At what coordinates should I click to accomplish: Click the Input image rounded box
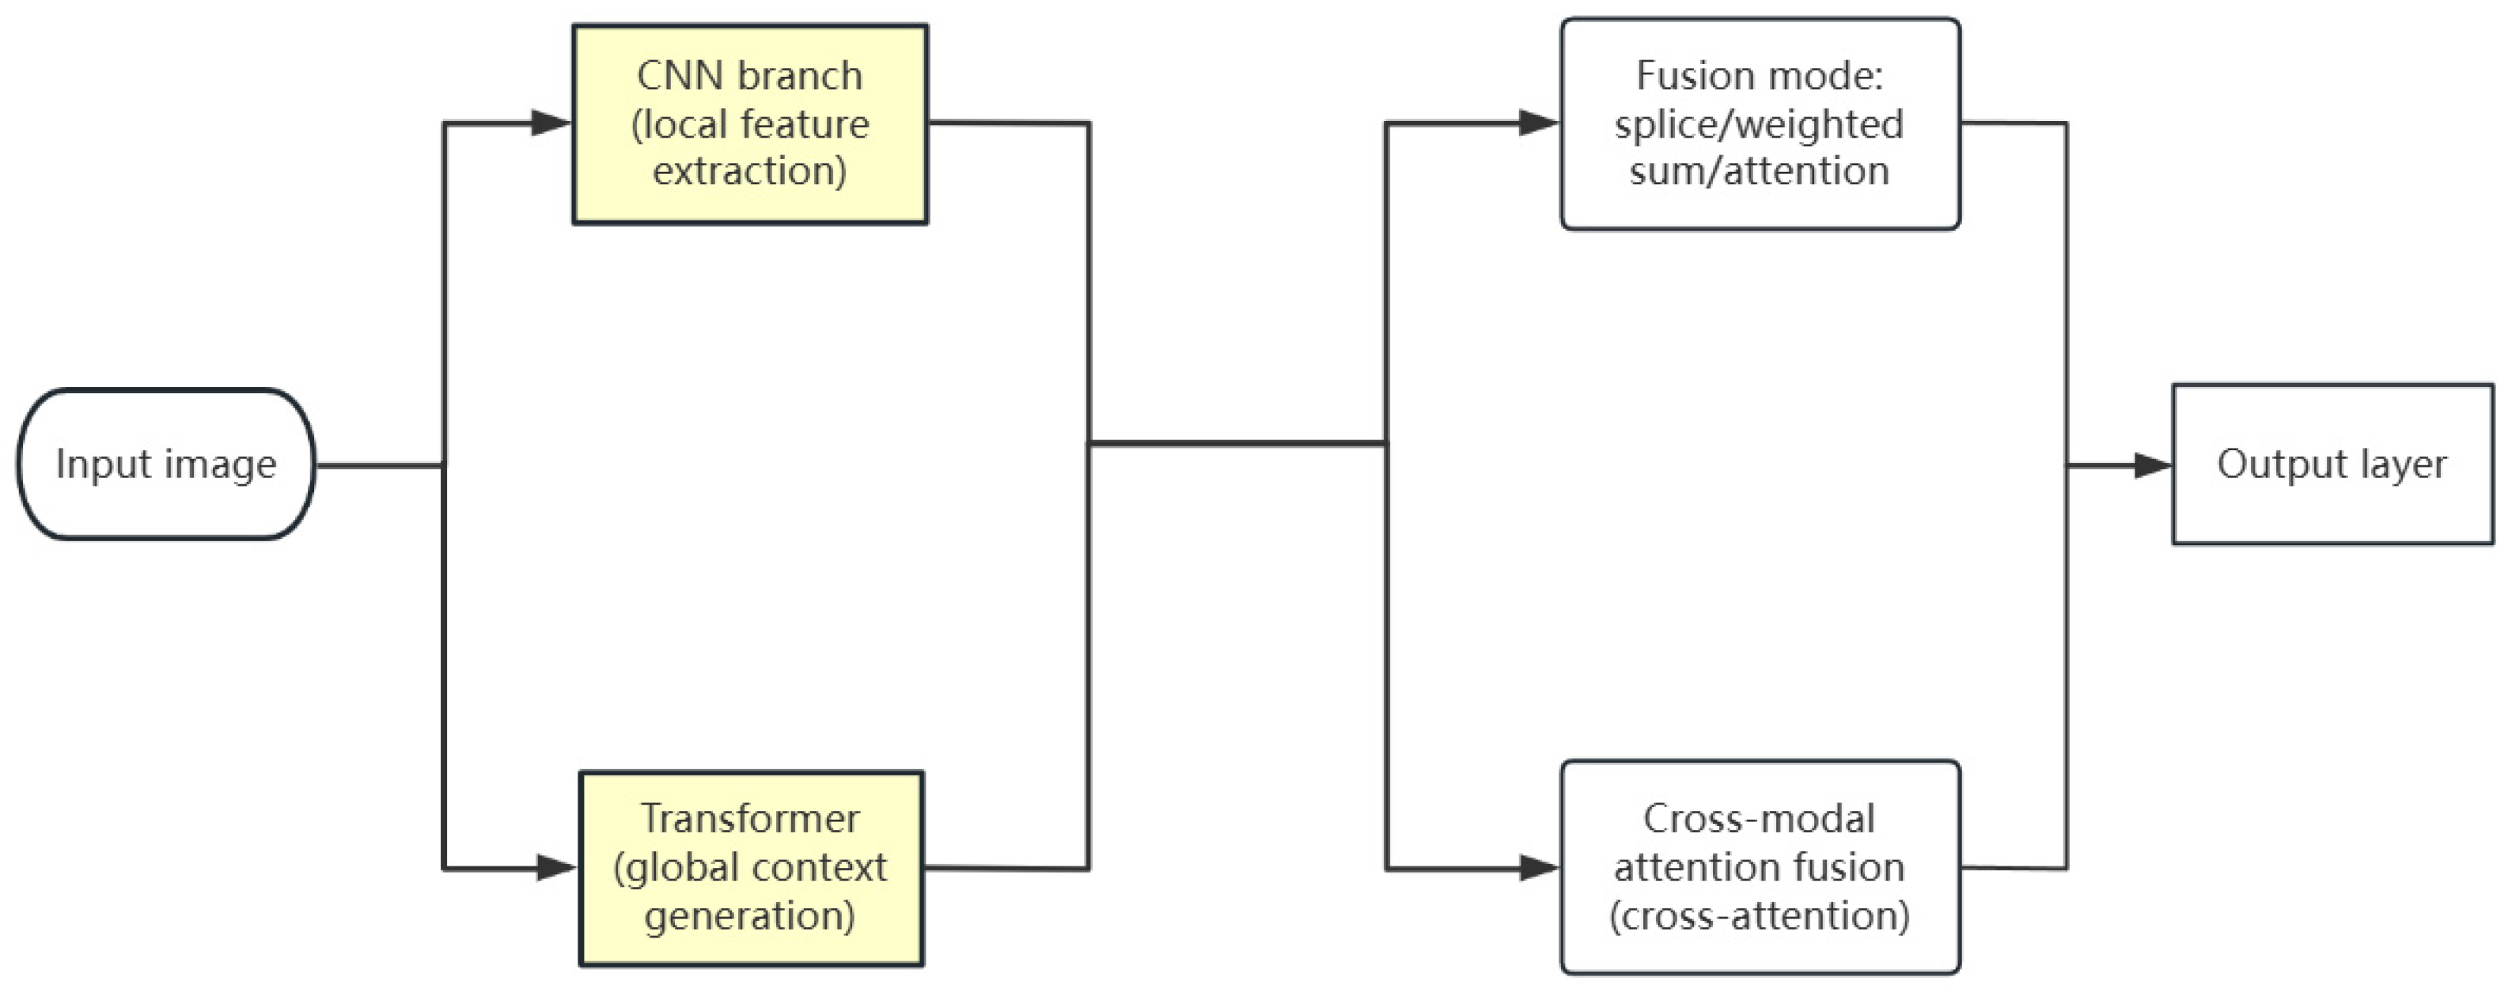click(166, 464)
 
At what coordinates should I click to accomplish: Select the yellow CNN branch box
click(750, 124)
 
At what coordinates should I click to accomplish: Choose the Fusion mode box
click(1760, 124)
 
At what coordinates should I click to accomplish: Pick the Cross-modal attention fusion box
click(1760, 866)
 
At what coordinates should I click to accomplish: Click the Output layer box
click(2332, 464)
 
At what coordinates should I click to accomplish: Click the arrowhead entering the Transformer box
click(558, 867)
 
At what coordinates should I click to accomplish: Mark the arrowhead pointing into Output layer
click(2153, 465)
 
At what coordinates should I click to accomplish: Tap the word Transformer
click(750, 819)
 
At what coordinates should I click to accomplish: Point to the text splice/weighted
click(1758, 124)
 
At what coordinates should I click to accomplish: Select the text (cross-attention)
click(1758, 916)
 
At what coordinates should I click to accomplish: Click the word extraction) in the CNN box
click(750, 172)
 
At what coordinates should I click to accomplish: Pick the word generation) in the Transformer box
click(750, 916)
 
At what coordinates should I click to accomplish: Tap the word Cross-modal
click(1758, 819)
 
